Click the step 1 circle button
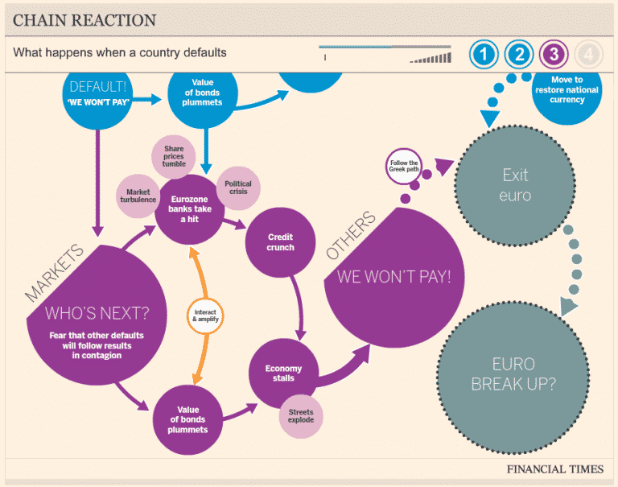pyautogui.click(x=484, y=55)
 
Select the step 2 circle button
pyautogui.click(x=520, y=55)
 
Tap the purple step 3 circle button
pyautogui.click(x=555, y=55)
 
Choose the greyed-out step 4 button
pyautogui.click(x=590, y=55)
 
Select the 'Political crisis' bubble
pyautogui.click(x=238, y=188)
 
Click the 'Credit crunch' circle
pyautogui.click(x=281, y=242)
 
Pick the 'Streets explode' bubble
pyautogui.click(x=301, y=415)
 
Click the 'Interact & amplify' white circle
pyautogui.click(x=204, y=315)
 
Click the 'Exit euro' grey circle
pyautogui.click(x=516, y=184)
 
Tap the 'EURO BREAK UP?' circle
pyautogui.click(x=512, y=374)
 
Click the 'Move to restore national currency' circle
pyautogui.click(x=574, y=90)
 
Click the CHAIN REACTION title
pyautogui.click(x=84, y=19)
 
